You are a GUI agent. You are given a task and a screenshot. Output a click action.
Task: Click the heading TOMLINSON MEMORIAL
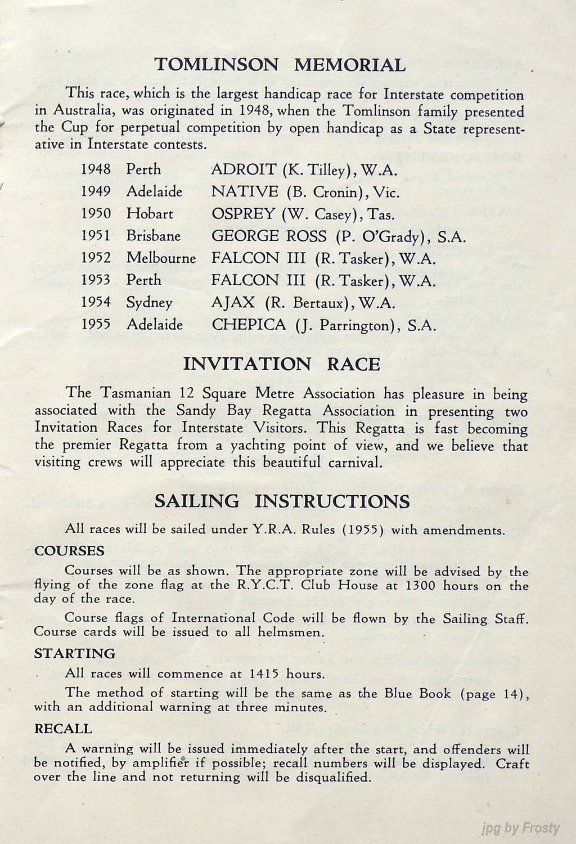point(280,65)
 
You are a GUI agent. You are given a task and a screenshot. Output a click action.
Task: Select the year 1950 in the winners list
point(96,214)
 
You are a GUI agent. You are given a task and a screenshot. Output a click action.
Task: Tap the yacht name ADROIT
point(244,169)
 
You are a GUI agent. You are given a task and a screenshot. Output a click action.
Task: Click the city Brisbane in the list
point(154,236)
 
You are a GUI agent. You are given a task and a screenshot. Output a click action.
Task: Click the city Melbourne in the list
point(161,258)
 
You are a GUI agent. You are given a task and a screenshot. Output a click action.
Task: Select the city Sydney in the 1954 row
point(149,303)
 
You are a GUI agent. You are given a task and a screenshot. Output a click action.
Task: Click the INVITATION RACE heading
point(282,364)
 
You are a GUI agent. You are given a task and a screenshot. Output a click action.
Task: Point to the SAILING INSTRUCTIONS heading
point(282,501)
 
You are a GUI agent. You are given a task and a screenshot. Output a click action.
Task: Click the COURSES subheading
point(69,550)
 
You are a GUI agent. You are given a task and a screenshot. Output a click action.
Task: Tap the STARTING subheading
point(74,653)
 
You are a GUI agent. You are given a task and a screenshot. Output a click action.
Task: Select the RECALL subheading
point(63,729)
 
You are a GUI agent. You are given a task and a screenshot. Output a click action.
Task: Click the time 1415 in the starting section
point(264,674)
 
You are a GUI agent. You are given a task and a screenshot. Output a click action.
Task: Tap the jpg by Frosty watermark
point(521,828)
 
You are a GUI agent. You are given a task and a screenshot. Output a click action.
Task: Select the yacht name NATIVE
point(244,192)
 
